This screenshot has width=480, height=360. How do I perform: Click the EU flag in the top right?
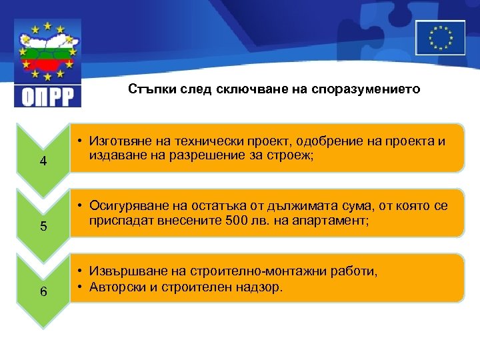coord(440,37)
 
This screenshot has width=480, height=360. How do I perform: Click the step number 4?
coord(43,161)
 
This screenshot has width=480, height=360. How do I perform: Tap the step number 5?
coord(43,226)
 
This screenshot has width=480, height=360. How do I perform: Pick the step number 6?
coord(43,291)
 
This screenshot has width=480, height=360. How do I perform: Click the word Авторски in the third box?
coord(115,287)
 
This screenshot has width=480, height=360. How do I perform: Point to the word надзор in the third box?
coord(263,287)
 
